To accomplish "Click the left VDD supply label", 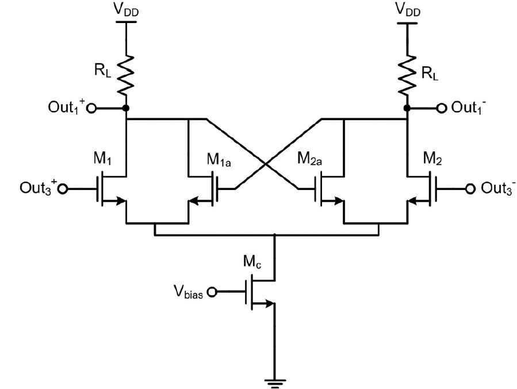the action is (x=127, y=10).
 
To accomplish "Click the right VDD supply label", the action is (x=408, y=10).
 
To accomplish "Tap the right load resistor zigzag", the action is (x=408, y=75).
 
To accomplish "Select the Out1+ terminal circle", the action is (x=91, y=108).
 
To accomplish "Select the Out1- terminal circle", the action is (x=442, y=108).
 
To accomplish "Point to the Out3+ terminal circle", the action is (x=63, y=189).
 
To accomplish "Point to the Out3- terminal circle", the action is (x=470, y=189).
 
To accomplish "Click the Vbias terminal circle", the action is (x=212, y=292).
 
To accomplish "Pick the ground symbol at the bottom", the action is (x=275, y=383).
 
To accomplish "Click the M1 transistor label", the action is (x=102, y=159).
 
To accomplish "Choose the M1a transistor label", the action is (x=219, y=160).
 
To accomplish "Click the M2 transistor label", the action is (x=432, y=159).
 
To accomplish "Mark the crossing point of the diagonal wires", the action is (x=266, y=163).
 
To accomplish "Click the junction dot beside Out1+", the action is (x=126, y=108).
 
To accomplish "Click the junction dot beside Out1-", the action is (x=407, y=108).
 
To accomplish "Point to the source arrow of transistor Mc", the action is (x=264, y=303).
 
